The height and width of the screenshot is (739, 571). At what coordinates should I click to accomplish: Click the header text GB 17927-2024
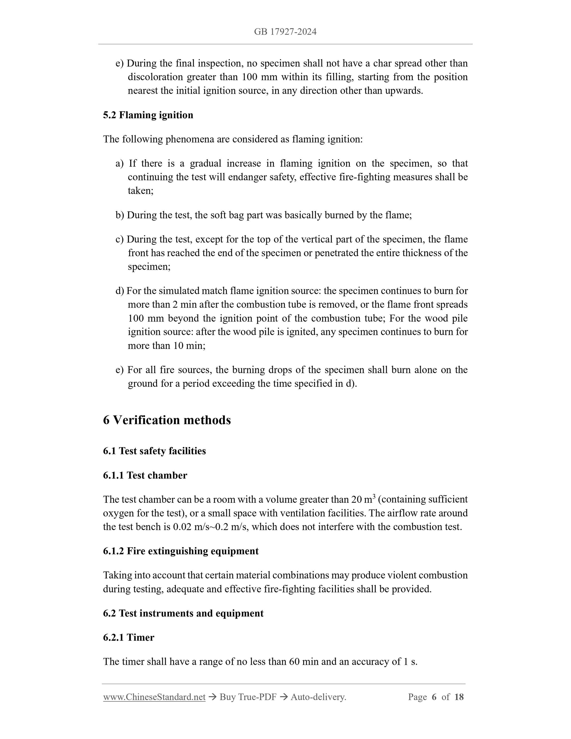(x=285, y=32)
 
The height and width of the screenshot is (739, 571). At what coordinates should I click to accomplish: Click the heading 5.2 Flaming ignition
(x=148, y=115)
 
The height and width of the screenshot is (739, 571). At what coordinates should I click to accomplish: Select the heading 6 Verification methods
(x=167, y=420)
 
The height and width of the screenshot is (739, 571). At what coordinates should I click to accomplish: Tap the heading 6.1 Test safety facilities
(x=154, y=451)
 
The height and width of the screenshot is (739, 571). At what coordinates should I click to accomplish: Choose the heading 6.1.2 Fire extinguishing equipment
(x=181, y=551)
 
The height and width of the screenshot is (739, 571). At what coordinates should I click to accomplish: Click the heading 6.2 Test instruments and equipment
(x=183, y=613)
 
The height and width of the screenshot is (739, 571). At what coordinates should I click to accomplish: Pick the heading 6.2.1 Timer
(x=129, y=637)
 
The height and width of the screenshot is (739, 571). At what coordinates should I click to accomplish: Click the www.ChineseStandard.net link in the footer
(x=154, y=697)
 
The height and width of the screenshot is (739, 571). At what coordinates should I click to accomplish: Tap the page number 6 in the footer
(x=434, y=697)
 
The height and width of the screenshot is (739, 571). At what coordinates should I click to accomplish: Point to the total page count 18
(x=459, y=697)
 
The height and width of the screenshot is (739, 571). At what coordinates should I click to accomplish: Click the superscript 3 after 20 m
(x=374, y=496)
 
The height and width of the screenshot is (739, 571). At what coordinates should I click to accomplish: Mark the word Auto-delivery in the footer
(x=318, y=697)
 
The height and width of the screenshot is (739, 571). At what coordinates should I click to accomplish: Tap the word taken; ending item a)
(x=140, y=191)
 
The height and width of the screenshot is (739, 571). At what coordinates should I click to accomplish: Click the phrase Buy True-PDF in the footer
(x=248, y=697)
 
